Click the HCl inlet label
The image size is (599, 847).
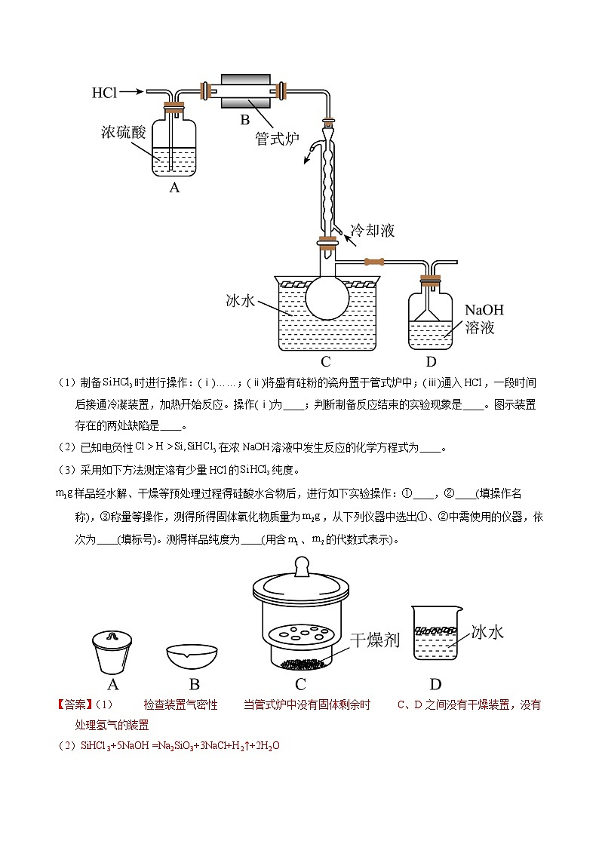[104, 93]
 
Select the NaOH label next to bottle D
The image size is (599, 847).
[484, 310]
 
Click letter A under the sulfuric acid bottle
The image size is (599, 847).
[174, 188]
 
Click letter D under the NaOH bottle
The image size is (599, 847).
[431, 361]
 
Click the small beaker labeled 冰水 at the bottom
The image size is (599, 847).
[435, 634]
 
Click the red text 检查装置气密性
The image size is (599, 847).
[180, 705]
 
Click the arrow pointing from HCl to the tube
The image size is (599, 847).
[130, 92]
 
